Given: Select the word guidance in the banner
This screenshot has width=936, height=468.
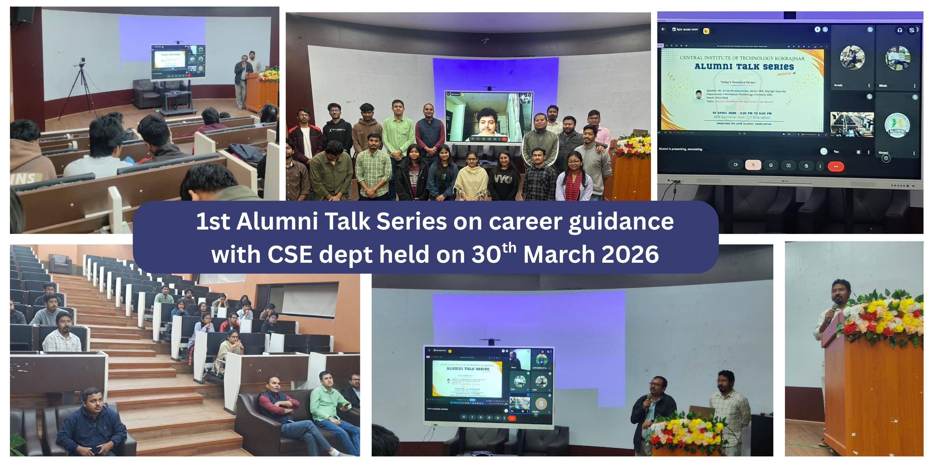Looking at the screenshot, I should point(621,222).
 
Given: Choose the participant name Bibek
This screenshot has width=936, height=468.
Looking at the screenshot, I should point(883,86).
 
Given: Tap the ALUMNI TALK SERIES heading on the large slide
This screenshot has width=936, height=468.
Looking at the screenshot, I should point(744,67).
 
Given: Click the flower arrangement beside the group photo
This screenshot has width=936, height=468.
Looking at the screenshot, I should point(631,145).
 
